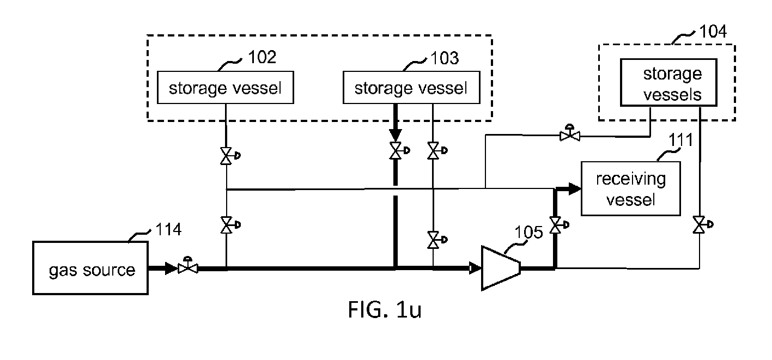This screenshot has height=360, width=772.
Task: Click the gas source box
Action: point(90,268)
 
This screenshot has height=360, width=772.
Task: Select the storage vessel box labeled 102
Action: point(226,88)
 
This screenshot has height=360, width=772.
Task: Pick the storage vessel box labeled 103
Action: point(411,88)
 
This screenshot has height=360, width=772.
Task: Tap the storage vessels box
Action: point(668,83)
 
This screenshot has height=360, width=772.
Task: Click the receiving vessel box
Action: point(631,189)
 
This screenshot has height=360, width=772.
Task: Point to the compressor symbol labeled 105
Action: point(501,268)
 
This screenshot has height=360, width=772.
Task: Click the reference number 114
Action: point(168,229)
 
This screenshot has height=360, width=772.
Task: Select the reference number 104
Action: point(713,32)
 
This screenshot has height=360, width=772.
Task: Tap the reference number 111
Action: point(680,140)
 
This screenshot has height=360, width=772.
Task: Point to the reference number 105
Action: point(528,232)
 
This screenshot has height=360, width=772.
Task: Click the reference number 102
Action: point(262,57)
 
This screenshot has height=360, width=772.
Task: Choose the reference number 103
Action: point(445,58)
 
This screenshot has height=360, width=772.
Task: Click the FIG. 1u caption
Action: point(385,309)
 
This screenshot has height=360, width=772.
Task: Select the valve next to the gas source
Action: point(188,266)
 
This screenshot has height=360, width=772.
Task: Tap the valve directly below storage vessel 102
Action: point(229,156)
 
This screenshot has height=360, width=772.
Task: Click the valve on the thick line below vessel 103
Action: point(399,150)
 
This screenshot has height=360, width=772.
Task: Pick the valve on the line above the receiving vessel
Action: point(570,133)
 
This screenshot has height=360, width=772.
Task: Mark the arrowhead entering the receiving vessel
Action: point(575,189)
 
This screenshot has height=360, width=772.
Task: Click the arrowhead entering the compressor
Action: point(476,268)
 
